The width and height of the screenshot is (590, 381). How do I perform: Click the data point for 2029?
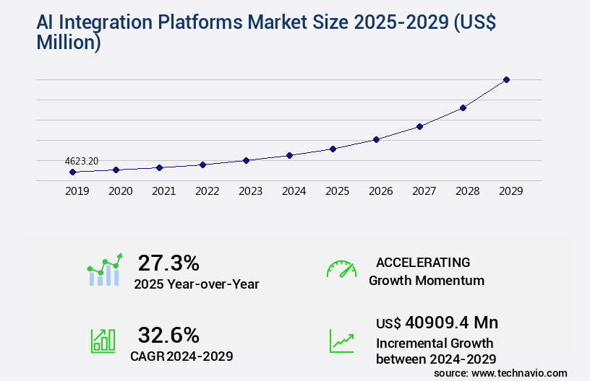[506, 79]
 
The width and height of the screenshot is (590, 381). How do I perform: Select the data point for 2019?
[72, 172]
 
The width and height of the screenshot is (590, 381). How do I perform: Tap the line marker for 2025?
[333, 149]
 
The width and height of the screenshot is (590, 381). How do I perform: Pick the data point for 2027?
[419, 126]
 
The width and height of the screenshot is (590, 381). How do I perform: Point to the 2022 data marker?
[202, 165]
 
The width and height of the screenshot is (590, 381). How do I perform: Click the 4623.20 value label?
[82, 161]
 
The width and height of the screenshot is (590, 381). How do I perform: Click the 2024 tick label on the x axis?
[294, 191]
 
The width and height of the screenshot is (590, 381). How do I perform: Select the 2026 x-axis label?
[380, 191]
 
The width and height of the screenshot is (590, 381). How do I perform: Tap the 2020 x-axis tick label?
[120, 191]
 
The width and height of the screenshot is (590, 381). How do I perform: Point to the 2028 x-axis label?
[467, 191]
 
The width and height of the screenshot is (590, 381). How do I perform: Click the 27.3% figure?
[168, 263]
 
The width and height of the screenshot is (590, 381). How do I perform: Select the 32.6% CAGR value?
[168, 335]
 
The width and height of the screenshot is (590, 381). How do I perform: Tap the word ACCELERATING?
[423, 263]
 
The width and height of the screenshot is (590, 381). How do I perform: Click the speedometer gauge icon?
[341, 269]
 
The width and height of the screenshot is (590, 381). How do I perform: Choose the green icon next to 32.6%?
[103, 341]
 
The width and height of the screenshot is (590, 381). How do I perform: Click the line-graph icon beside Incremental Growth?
[341, 341]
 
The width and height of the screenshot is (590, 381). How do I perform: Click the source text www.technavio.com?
[520, 372]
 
